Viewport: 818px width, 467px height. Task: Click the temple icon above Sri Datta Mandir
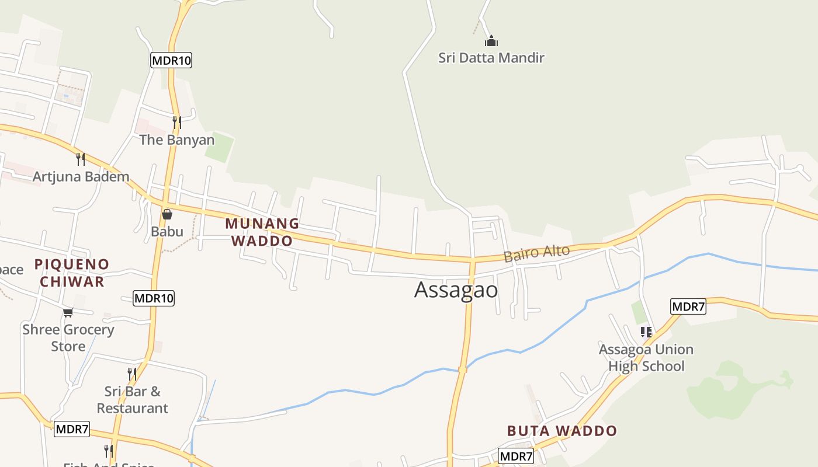[491, 41]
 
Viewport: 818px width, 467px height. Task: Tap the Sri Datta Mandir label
[491, 58]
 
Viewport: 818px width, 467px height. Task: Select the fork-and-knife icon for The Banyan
[176, 122]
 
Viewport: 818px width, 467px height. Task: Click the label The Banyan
[176, 140]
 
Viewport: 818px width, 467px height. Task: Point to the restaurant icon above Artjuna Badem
[81, 159]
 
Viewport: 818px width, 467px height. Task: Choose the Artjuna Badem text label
[81, 176]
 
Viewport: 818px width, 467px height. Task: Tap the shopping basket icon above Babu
[167, 214]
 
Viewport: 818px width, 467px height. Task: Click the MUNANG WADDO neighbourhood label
[262, 232]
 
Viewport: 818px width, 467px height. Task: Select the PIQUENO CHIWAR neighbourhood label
[71, 273]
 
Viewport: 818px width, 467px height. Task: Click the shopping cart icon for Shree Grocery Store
[68, 312]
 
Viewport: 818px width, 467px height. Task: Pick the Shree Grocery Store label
[68, 337]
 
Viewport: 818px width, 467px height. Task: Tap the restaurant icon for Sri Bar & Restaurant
[132, 374]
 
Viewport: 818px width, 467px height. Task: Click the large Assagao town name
[456, 290]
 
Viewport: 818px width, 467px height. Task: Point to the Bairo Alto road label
[536, 254]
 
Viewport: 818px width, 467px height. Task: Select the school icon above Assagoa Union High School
[646, 332]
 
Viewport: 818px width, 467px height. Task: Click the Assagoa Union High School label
[646, 358]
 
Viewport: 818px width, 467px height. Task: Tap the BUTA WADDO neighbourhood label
[561, 431]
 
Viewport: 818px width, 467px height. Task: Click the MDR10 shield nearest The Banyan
[171, 60]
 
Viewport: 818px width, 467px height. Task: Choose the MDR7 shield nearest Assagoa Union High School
[688, 306]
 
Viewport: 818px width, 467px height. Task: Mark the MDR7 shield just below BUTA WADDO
[517, 456]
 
